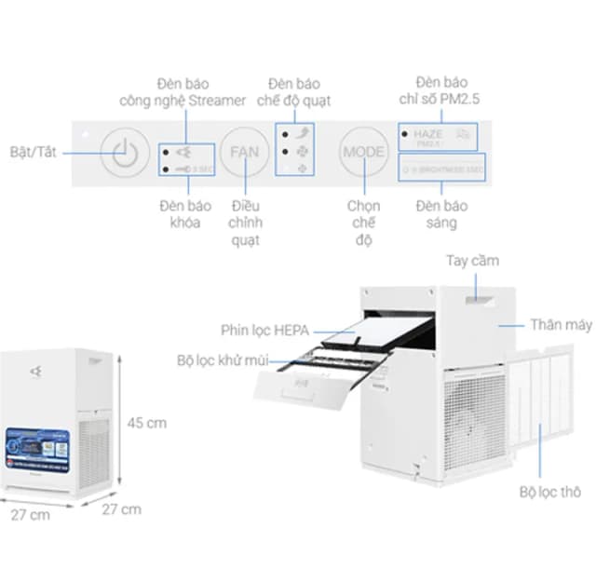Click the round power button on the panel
pyautogui.click(x=125, y=152)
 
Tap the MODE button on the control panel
pyautogui.click(x=364, y=151)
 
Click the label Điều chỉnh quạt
pyautogui.click(x=245, y=223)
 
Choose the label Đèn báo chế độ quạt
pyautogui.click(x=294, y=91)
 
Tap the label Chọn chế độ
pyautogui.click(x=363, y=223)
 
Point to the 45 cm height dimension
pyautogui.click(x=146, y=423)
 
